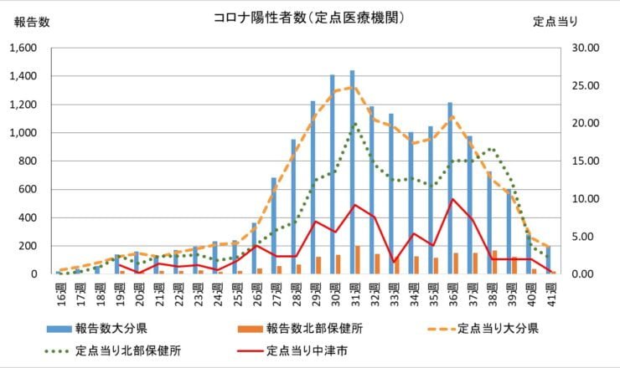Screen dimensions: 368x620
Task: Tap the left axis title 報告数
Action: tap(32, 23)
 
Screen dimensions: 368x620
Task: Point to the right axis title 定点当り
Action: tap(556, 23)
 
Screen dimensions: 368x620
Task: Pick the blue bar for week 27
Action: tap(274, 226)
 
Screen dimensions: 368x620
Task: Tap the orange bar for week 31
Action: tap(358, 260)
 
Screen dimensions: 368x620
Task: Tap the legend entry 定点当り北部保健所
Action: tap(127, 351)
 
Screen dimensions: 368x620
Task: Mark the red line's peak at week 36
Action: tap(452, 199)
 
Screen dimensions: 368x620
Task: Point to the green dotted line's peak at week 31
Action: tap(355, 124)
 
